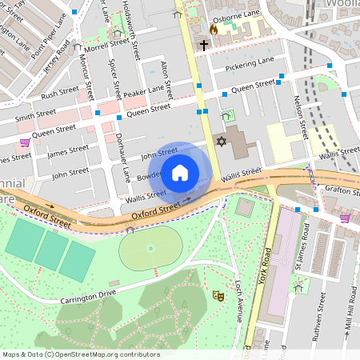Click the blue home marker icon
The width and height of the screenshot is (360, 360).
180,172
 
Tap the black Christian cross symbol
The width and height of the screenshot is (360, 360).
204,46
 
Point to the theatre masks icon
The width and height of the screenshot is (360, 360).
217,296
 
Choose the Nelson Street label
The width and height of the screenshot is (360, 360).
302,113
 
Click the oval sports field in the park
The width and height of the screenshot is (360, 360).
150,249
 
